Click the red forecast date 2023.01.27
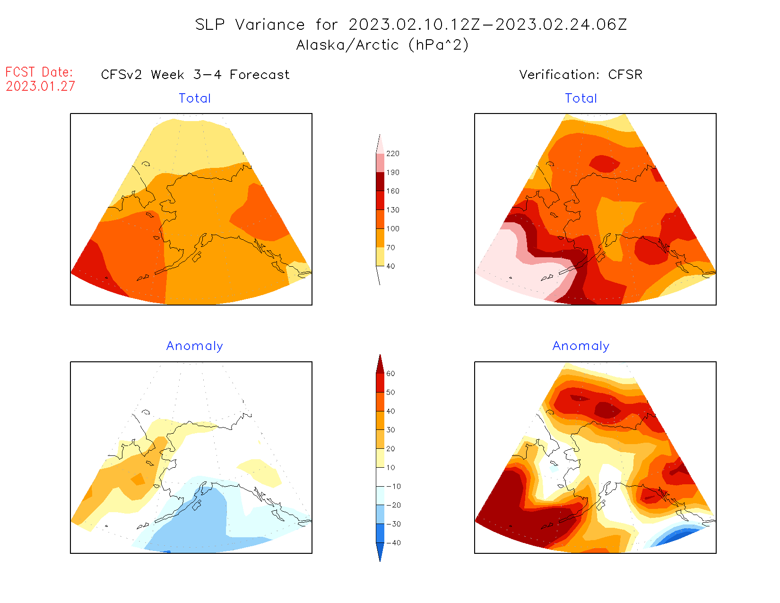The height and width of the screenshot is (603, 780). [40, 86]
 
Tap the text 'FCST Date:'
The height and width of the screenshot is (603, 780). [39, 72]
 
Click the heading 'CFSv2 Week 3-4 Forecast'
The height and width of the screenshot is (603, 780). [195, 75]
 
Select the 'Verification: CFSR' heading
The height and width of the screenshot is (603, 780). [581, 75]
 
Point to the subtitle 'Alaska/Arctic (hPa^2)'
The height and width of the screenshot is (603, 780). [382, 45]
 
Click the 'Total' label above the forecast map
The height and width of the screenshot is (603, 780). [195, 98]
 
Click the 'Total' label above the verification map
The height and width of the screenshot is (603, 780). [581, 98]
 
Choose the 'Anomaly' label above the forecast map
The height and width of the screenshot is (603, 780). [194, 346]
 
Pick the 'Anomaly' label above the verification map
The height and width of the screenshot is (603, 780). [581, 346]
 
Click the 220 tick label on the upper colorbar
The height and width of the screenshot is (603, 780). [392, 154]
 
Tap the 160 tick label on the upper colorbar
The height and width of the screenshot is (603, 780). [392, 191]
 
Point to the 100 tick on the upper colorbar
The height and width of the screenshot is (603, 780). [392, 229]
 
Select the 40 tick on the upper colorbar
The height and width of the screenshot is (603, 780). [390, 266]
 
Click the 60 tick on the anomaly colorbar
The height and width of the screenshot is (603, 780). [390, 374]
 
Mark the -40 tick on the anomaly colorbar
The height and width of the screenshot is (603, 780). [393, 543]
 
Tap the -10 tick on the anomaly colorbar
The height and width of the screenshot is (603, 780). [393, 487]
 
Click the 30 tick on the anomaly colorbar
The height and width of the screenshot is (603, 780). [390, 430]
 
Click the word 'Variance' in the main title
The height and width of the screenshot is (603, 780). [270, 25]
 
